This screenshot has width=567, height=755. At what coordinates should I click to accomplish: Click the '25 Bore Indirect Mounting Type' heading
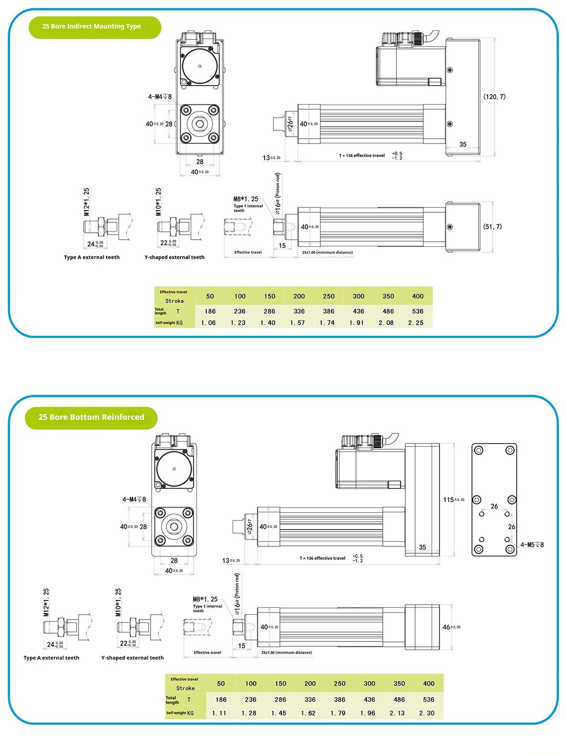[91, 26]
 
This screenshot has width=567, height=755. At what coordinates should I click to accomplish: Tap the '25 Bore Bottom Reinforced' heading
[91, 417]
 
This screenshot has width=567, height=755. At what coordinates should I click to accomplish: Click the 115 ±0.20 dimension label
[454, 500]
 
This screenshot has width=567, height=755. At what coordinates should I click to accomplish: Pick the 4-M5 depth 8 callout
[532, 545]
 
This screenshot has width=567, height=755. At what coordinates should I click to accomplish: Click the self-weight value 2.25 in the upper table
[416, 323]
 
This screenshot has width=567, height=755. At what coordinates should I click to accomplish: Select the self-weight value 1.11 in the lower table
[219, 713]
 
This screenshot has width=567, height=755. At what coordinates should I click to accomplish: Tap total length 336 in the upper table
[299, 312]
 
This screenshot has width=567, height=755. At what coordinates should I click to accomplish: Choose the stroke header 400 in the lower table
[429, 684]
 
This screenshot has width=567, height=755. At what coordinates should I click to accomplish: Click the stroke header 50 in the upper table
[210, 296]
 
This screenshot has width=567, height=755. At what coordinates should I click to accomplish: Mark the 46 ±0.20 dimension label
[451, 627]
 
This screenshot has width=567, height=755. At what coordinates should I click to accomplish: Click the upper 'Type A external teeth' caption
[92, 257]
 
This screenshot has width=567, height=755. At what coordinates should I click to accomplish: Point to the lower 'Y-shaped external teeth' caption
[132, 658]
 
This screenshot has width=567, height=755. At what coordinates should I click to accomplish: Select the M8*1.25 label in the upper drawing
[246, 199]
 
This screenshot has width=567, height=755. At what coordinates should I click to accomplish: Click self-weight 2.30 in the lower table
[427, 713]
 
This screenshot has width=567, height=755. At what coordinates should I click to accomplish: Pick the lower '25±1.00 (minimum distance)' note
[287, 653]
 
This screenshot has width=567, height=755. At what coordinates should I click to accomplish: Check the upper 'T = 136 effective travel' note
[362, 156]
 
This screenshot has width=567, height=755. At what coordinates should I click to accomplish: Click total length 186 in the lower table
[221, 700]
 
